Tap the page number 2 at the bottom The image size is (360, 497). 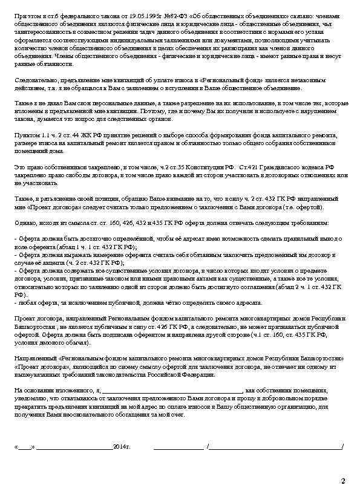(x=342, y=481)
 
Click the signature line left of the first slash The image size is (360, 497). (x=179, y=447)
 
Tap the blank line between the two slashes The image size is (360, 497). (x=275, y=447)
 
